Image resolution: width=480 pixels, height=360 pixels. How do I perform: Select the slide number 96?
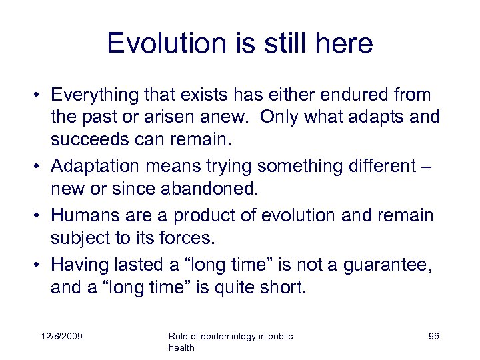pos(433,336)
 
